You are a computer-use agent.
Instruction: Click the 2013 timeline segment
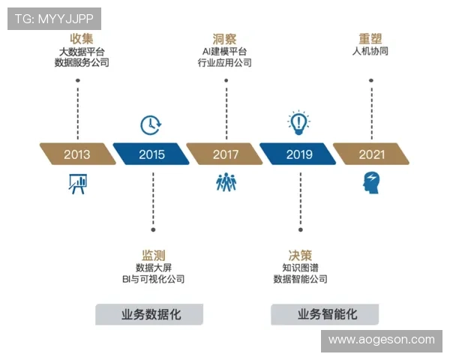[x=76, y=154]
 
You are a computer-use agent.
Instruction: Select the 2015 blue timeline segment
[x=151, y=154]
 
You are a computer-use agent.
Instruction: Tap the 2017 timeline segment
[x=225, y=154]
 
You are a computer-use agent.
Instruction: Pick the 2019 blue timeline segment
[x=298, y=154]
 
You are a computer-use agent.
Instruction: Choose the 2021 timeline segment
[x=372, y=154]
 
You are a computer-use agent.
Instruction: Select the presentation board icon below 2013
[x=77, y=183]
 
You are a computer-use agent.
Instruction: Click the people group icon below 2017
[x=226, y=182]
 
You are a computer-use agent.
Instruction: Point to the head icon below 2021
[x=371, y=181]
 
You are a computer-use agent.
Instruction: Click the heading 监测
[x=154, y=255]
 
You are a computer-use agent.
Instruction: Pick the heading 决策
[x=300, y=255]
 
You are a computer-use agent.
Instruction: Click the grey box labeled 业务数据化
[x=150, y=314]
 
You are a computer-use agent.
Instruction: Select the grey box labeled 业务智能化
[x=325, y=314]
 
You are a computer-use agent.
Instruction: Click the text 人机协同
[x=370, y=52]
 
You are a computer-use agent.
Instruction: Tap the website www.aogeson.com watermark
[x=381, y=340]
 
